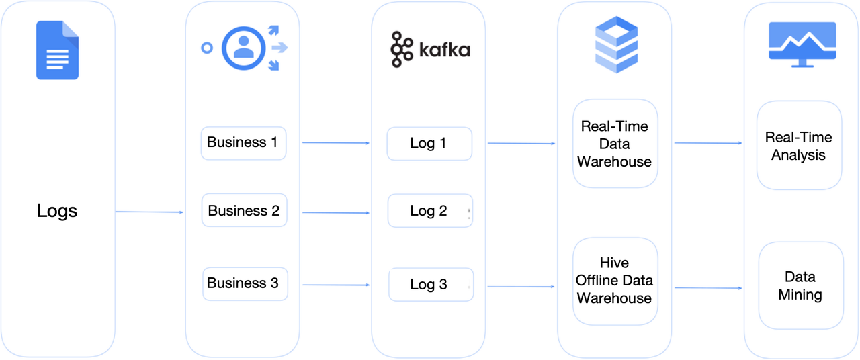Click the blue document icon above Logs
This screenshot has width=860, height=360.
(57, 50)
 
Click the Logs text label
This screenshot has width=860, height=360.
(57, 211)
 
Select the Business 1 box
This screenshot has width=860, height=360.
(243, 143)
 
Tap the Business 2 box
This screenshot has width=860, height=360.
(244, 211)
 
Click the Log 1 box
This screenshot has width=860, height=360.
(429, 144)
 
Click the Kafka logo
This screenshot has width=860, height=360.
(430, 50)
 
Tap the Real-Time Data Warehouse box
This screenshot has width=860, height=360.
(615, 144)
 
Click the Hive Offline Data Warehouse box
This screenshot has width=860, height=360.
(615, 281)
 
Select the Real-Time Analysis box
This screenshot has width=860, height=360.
(799, 146)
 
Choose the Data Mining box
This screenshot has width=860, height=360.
(800, 285)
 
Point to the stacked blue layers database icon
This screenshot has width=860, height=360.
(616, 45)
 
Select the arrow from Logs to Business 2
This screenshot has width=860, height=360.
(149, 212)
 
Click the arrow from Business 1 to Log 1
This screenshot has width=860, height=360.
(336, 143)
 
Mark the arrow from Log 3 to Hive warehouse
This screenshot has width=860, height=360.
(521, 287)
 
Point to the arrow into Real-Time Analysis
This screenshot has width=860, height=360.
(708, 143)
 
